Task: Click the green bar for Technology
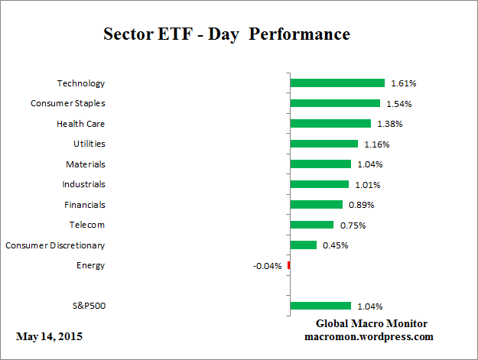337,83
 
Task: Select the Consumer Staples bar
335,103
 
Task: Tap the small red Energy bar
289,265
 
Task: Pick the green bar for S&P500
320,306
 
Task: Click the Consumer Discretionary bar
304,245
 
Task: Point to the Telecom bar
312,225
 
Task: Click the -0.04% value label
267,266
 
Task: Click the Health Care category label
80,123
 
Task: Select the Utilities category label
89,143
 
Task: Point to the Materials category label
85,164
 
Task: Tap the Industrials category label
83,184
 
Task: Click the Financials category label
84,204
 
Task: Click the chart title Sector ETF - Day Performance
226,34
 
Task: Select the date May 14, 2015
49,336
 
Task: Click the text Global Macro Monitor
372,324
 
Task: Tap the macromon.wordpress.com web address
369,336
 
